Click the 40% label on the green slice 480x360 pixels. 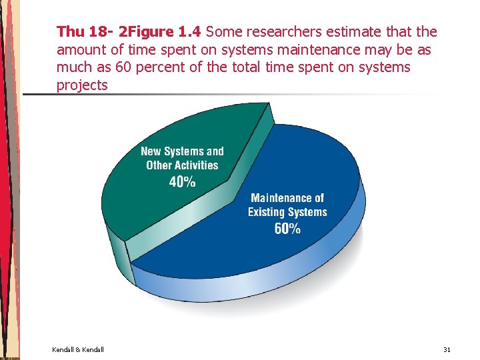click(x=182, y=181)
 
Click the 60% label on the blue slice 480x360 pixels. click(x=287, y=228)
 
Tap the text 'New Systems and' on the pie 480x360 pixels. click(x=182, y=151)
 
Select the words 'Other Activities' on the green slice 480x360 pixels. click(x=182, y=165)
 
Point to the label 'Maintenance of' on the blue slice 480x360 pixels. click(x=287, y=198)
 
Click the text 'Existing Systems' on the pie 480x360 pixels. click(x=287, y=212)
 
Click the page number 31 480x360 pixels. click(x=447, y=349)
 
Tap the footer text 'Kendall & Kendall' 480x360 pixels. click(x=77, y=349)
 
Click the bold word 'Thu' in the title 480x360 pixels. click(x=70, y=31)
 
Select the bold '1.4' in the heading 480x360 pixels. click(x=191, y=31)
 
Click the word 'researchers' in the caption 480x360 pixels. click(x=287, y=31)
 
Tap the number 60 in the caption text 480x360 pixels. click(x=124, y=67)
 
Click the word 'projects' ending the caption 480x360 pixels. click(x=82, y=85)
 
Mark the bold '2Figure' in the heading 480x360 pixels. click(x=147, y=31)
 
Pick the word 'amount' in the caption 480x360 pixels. click(x=81, y=50)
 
